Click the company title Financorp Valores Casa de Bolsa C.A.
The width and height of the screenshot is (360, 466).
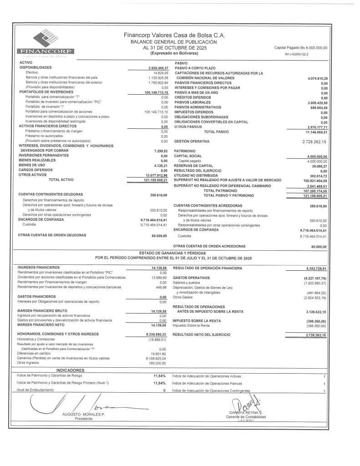[174, 35]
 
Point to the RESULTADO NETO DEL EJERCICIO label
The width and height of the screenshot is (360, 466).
[202, 334]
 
